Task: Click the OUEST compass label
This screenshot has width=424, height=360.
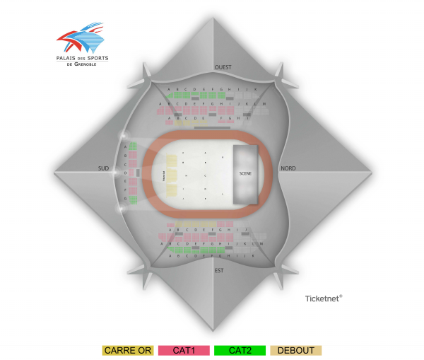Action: click(x=223, y=67)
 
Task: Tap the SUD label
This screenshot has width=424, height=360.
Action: click(x=104, y=168)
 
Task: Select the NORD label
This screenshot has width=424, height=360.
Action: click(x=288, y=168)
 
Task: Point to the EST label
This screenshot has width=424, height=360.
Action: click(x=218, y=269)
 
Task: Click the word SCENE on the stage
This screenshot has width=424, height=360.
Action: click(x=245, y=173)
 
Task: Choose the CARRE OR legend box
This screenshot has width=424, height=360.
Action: click(x=127, y=350)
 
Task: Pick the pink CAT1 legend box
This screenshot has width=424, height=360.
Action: click(x=184, y=350)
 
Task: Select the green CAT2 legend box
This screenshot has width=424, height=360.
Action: click(x=240, y=350)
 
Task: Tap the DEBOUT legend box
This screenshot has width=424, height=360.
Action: click(x=296, y=350)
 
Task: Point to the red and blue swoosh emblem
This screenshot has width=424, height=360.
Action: click(x=79, y=40)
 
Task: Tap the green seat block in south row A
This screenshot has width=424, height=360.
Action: click(x=132, y=146)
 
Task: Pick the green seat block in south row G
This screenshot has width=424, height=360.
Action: click(x=132, y=199)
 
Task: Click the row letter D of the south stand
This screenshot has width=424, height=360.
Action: click(x=125, y=173)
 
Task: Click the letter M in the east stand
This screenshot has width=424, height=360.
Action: click(x=261, y=243)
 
